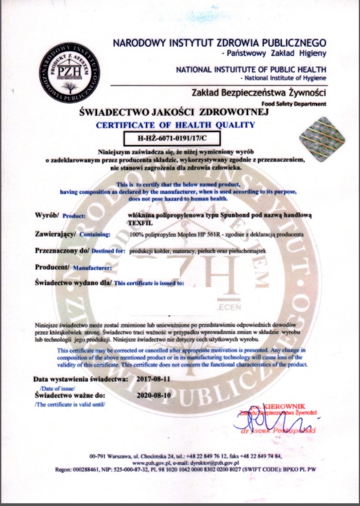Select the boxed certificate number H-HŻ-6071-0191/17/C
tap(171, 139)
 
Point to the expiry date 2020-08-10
tap(155, 396)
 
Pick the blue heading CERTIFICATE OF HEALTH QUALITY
tap(175, 125)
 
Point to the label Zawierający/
tap(55, 233)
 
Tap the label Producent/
tap(52, 268)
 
